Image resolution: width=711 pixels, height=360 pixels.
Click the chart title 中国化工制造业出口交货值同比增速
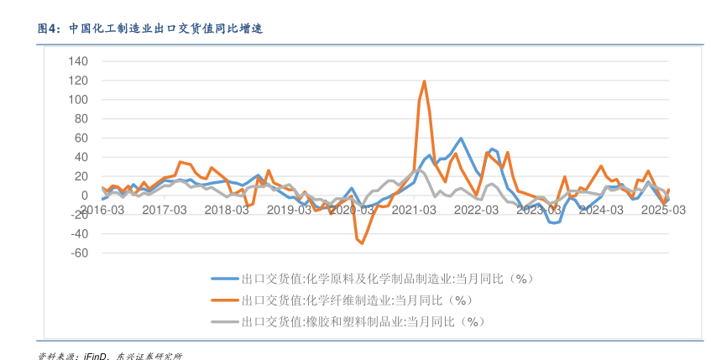[x=165, y=28]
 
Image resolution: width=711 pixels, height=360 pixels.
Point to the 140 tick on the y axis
[x=77, y=61]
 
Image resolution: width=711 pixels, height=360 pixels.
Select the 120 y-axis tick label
[x=77, y=81]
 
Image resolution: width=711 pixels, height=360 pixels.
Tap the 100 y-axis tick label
[x=77, y=100]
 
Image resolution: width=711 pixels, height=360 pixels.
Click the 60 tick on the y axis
[x=81, y=138]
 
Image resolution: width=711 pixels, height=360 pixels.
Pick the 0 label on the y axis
[x=84, y=196]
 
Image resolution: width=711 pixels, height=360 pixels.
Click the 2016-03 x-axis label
[x=102, y=210]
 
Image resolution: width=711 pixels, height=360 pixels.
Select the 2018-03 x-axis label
[x=227, y=210]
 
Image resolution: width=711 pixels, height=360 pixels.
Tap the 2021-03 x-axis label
[x=414, y=210]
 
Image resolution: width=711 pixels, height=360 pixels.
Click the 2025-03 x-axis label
[x=663, y=210]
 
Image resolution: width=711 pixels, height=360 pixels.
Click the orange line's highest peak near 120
[x=425, y=81]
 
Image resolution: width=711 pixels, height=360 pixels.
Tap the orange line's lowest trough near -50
[x=362, y=243]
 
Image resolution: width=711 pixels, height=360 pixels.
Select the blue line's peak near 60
[x=461, y=138]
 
